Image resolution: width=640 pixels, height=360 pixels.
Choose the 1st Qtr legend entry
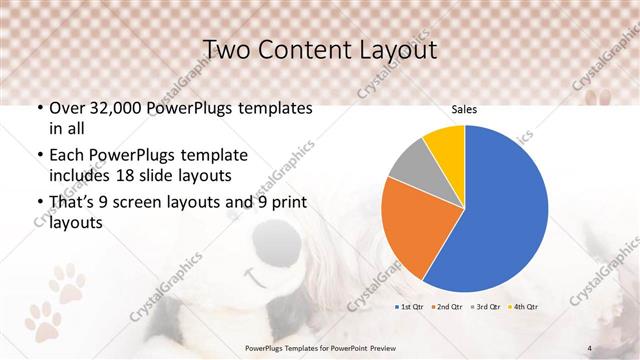(x=411, y=305)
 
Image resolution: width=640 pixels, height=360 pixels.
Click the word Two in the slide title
(x=227, y=49)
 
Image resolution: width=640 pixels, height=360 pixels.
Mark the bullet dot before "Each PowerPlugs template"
(x=39, y=156)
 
